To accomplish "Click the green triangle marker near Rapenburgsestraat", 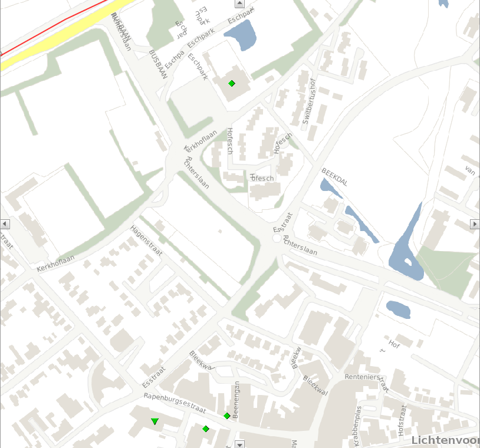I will tap(154, 421).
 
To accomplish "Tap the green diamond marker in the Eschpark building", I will tap(232, 84).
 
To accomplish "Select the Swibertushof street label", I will tap(309, 101).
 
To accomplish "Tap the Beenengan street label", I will tap(236, 400).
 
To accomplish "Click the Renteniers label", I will tap(364, 376).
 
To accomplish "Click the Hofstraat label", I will tap(403, 420).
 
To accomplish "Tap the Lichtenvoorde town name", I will tap(445, 440).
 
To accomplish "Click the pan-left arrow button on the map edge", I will tap(5, 224).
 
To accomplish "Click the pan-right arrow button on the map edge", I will tap(475, 224).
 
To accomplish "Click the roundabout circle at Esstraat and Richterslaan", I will tap(277, 239).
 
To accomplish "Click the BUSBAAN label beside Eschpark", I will tap(158, 64).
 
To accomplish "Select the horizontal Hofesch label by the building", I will tap(262, 178).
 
